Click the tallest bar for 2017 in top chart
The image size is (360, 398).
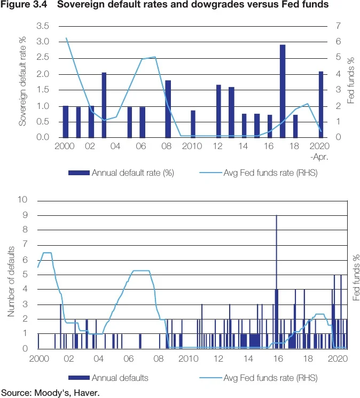pos(283,91)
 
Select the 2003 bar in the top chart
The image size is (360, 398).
pos(104,105)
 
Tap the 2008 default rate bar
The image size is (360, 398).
pos(168,109)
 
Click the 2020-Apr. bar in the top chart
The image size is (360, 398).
pos(321,104)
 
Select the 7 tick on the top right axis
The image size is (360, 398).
pos(337,26)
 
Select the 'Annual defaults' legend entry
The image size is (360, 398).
pos(120,378)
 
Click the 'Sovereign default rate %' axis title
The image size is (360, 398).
pos(23,81)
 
